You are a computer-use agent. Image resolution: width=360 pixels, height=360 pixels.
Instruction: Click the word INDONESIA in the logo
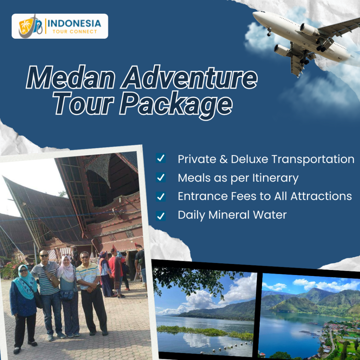coord(74,24)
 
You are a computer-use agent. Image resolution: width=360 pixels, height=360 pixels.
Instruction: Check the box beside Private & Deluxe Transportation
coord(161,159)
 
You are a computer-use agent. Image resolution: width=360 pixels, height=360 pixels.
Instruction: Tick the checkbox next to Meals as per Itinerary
coord(161,178)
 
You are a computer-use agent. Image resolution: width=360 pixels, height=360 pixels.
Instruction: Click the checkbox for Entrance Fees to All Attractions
coord(161,196)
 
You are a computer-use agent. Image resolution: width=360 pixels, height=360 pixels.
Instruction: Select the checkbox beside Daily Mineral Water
coord(161,215)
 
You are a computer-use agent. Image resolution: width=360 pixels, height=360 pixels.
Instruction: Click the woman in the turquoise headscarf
coord(24,302)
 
